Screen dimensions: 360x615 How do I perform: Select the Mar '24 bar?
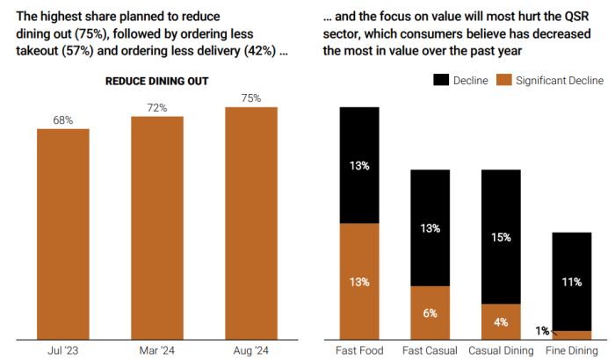157,227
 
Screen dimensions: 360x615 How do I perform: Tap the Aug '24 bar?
251,223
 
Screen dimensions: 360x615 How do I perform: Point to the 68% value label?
62,119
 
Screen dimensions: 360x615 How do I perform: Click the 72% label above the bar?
157,107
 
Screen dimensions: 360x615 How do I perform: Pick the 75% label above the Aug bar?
251,98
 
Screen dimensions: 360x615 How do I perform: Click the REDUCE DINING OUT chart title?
156,81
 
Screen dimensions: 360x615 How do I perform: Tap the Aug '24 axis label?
251,350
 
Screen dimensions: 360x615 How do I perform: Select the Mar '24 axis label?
157,350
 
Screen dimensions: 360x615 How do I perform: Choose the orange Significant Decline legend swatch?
504,80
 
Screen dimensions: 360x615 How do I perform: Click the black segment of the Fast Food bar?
359,165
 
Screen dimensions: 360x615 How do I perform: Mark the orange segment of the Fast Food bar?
359,281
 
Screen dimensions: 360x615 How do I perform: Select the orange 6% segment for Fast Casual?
430,313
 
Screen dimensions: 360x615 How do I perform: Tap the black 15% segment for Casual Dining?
500,237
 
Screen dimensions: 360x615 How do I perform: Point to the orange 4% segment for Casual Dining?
500,321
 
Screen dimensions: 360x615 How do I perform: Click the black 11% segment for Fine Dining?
571,282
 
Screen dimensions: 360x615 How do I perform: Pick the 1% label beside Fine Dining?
543,331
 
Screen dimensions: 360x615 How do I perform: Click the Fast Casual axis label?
430,350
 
